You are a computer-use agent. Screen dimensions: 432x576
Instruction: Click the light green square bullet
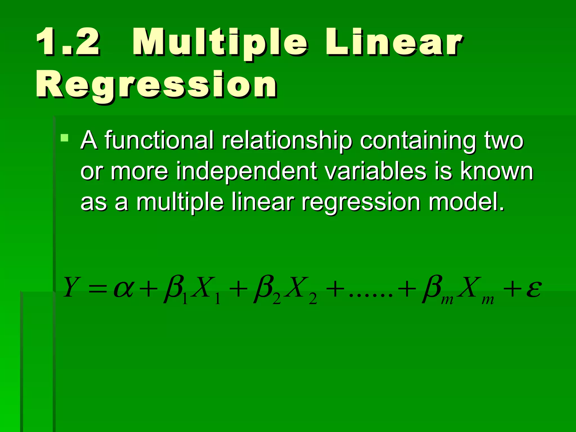tap(64, 138)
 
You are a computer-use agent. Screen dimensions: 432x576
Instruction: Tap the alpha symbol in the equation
tap(123, 289)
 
